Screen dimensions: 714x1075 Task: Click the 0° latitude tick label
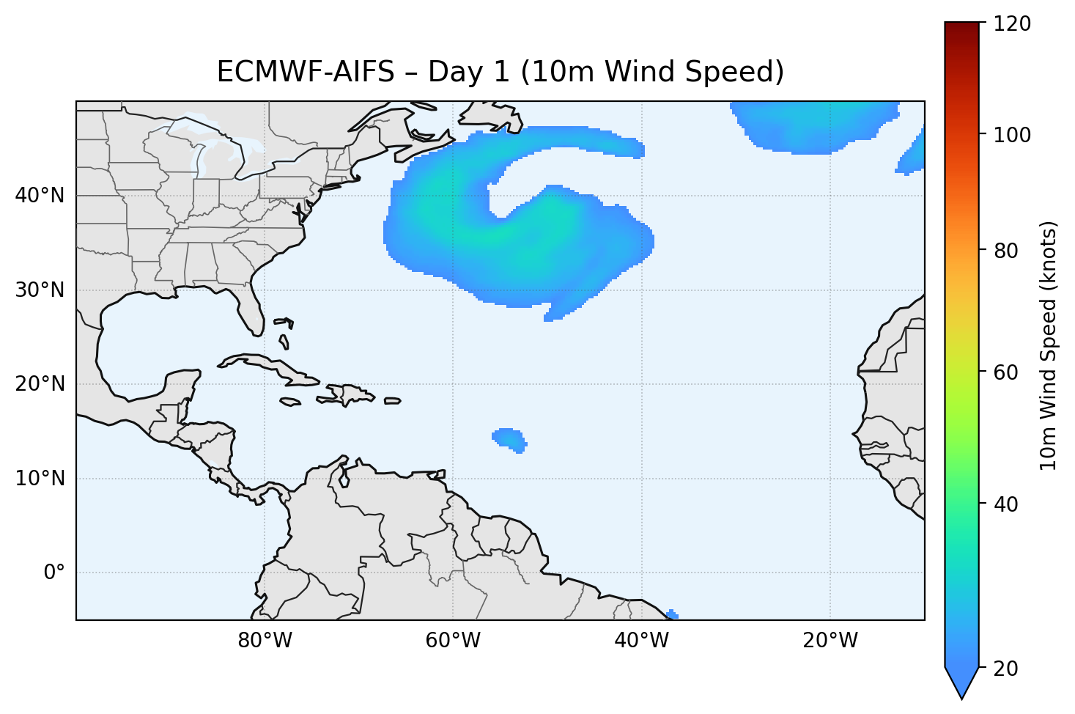(54, 573)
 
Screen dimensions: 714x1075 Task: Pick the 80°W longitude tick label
(265, 641)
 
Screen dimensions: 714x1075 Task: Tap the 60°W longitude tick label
(453, 641)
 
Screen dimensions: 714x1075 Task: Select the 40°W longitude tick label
(641, 641)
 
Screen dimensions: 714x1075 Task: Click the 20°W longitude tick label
(830, 641)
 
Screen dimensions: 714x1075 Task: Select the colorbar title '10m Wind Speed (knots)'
(1049, 346)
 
